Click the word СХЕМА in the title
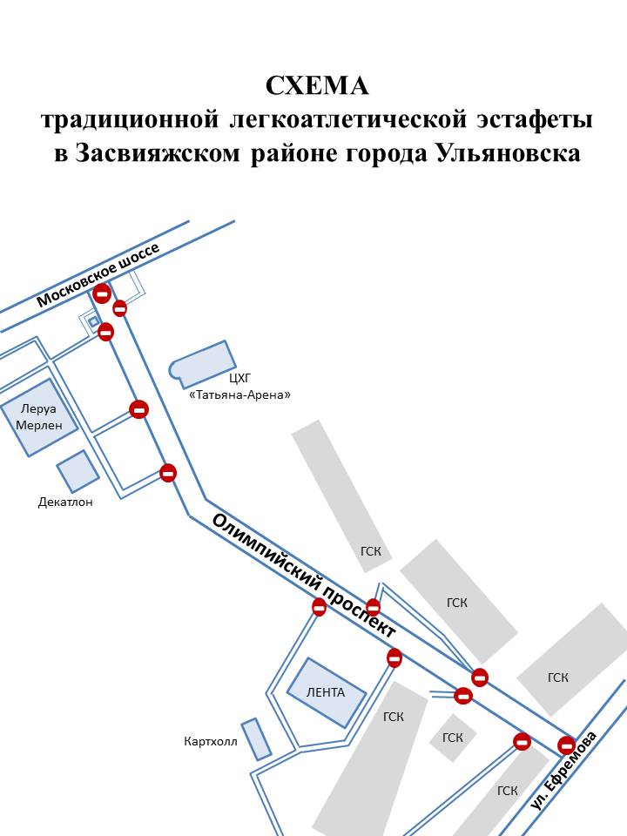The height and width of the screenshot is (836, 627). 317,86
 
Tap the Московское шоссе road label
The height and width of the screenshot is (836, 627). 98,274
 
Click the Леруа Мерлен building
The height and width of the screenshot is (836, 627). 39,417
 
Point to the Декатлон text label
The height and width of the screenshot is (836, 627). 65,502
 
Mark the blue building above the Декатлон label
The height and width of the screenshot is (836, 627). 78,471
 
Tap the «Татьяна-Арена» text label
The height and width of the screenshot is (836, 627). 239,394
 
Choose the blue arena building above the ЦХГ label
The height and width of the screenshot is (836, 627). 204,363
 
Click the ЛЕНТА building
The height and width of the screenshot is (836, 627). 327,692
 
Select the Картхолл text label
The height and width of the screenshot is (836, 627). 210,742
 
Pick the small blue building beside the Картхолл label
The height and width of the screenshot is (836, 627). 256,738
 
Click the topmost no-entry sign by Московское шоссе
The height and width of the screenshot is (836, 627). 102,293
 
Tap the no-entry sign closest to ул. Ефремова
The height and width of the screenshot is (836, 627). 567,745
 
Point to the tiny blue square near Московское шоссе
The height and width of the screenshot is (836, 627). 93,321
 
